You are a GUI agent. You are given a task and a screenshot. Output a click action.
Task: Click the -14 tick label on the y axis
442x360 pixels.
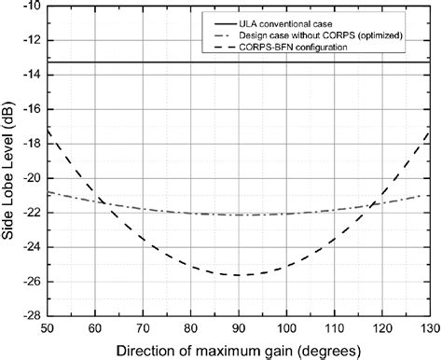[x=28, y=76]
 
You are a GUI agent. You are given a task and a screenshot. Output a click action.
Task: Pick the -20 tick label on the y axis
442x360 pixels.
[x=28, y=178]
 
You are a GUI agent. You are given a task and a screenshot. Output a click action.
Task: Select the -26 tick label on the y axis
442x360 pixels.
[x=28, y=282]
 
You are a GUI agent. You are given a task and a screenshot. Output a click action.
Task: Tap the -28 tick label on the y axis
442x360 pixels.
[x=28, y=316]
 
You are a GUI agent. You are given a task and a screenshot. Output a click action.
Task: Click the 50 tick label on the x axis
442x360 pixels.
[x=47, y=328]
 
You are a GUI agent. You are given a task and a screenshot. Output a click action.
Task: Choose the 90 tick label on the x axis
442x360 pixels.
[x=239, y=328]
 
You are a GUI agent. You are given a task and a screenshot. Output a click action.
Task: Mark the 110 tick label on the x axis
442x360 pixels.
[x=335, y=328]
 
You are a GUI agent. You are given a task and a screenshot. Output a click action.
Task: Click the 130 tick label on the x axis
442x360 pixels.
[x=427, y=328]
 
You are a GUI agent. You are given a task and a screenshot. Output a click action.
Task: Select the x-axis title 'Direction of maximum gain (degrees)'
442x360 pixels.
[x=239, y=350]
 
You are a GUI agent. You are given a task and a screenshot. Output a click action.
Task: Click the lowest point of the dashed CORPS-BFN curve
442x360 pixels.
[x=239, y=275]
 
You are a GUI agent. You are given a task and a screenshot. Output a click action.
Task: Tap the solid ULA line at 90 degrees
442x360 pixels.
[x=239, y=62]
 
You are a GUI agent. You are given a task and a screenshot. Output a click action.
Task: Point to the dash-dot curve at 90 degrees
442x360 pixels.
[x=239, y=215]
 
